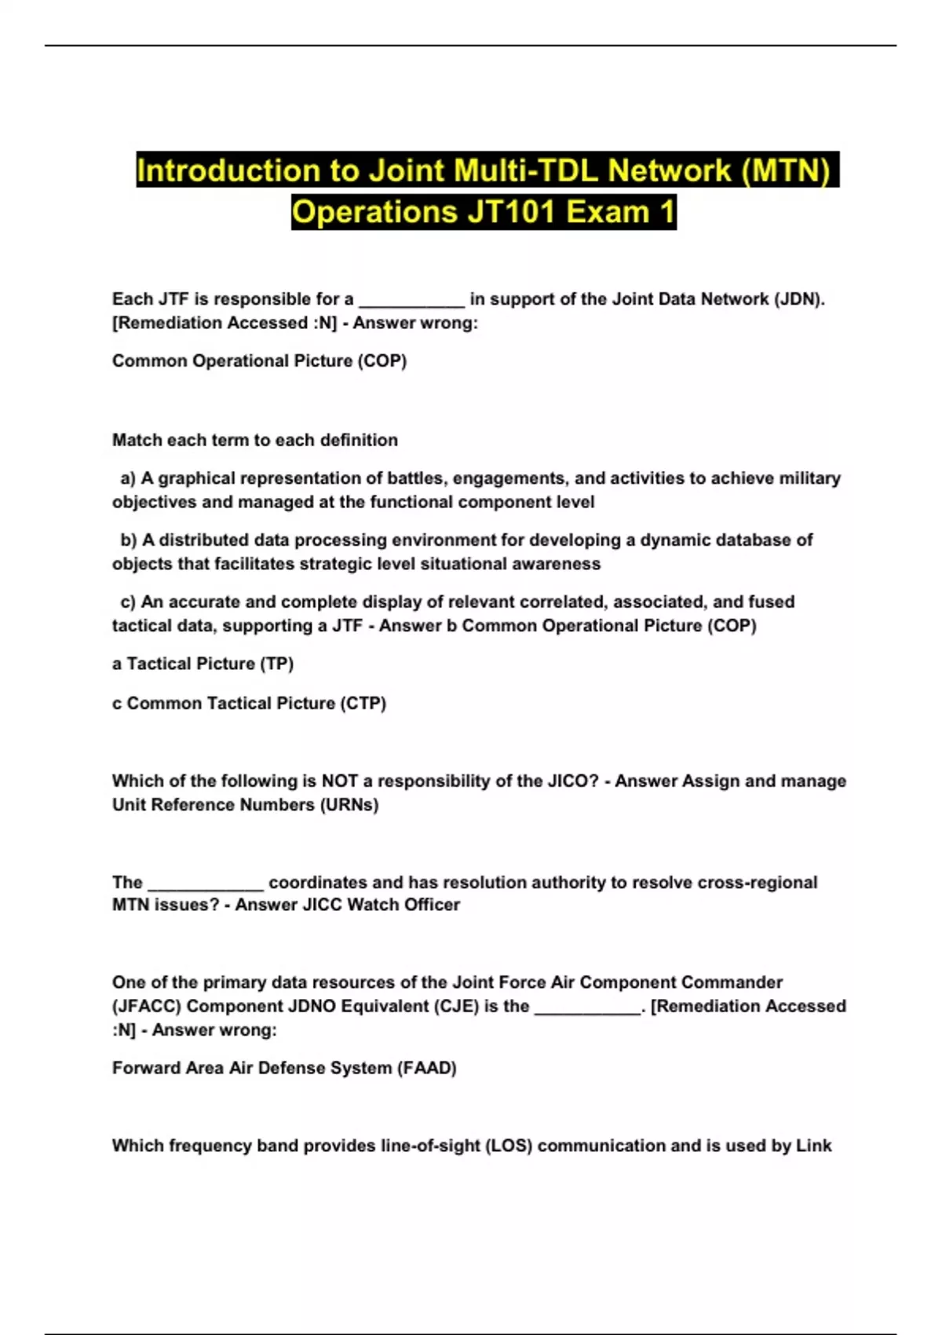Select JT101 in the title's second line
(511, 212)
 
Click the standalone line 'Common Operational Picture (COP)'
(259, 361)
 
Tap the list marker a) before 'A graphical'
(128, 478)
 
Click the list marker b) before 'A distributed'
(128, 540)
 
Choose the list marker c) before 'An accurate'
(128, 602)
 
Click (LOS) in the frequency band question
(509, 1146)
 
